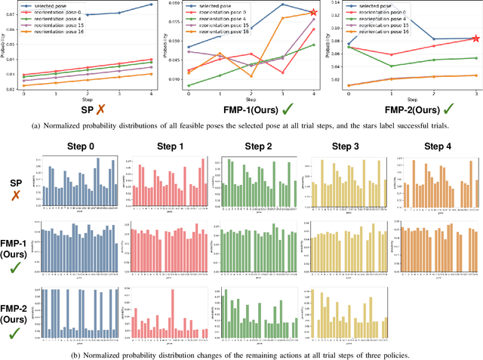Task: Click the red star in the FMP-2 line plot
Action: [475, 38]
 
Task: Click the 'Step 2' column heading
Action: [254, 146]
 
